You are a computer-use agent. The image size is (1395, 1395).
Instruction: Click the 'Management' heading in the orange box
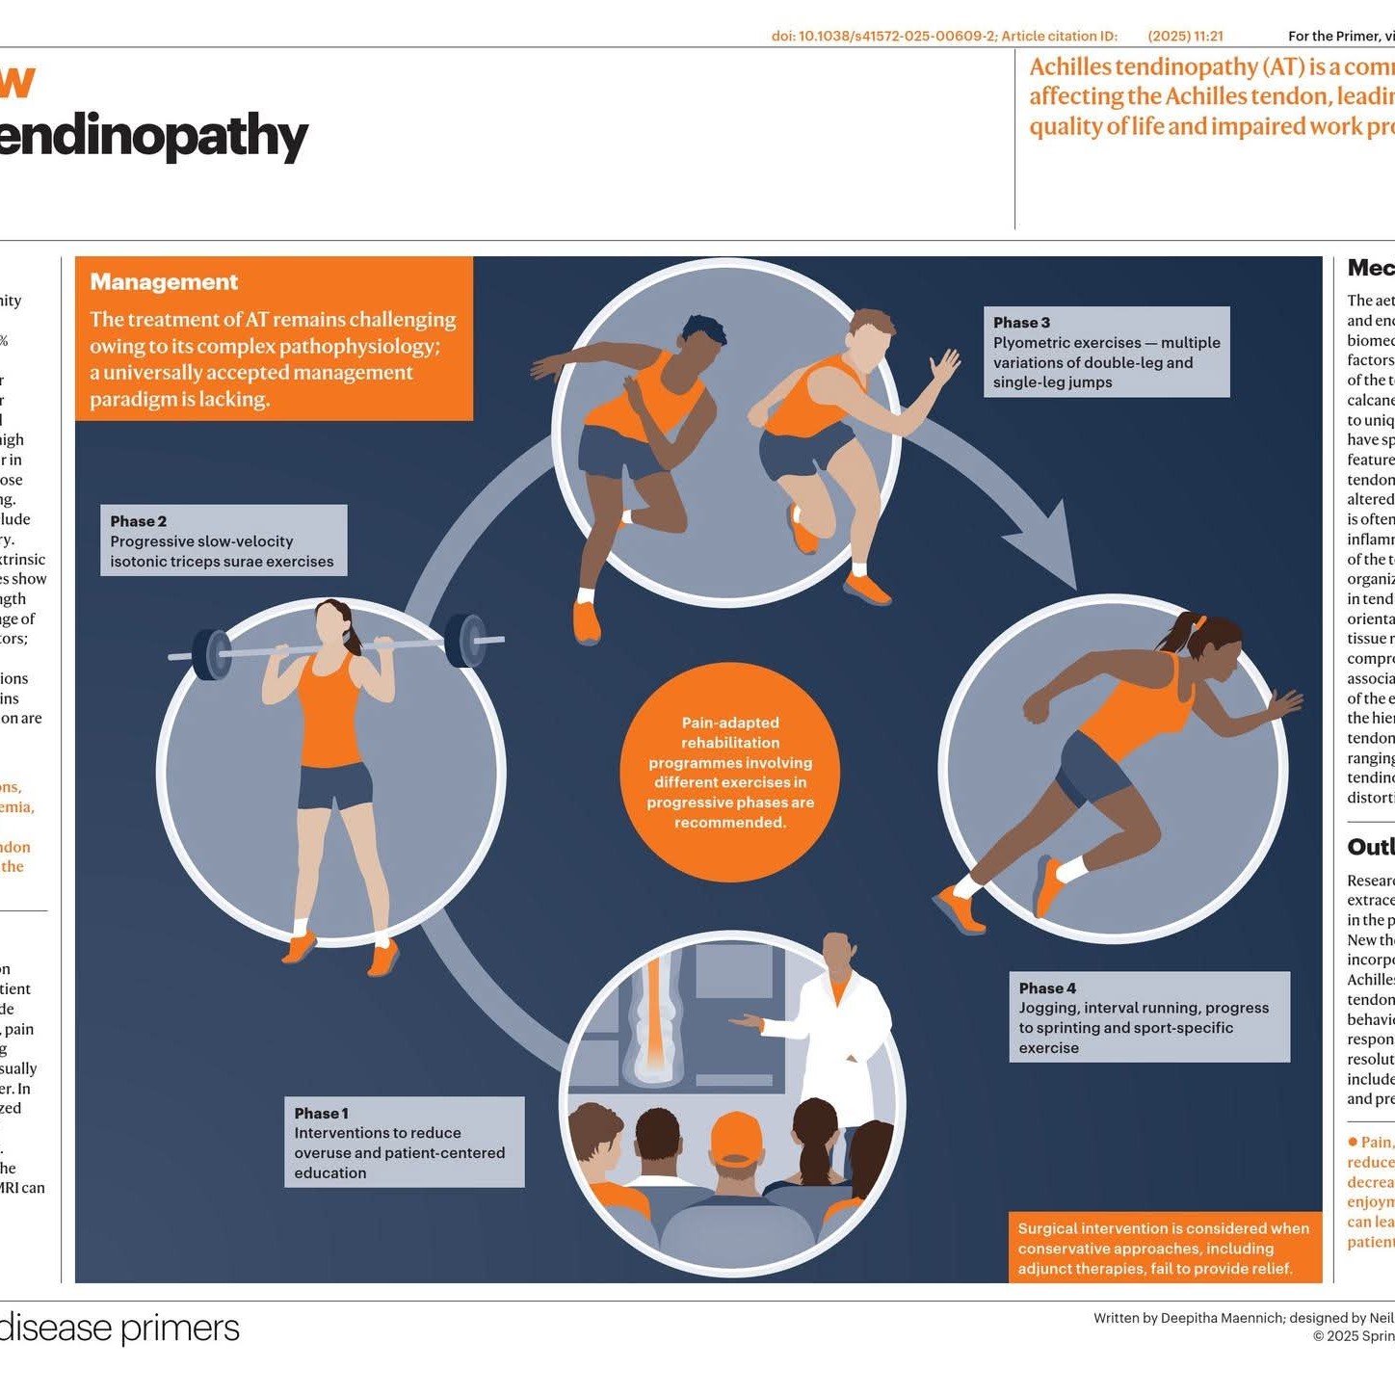pyautogui.click(x=164, y=282)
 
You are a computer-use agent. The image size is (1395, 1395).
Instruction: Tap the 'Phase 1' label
pyautogui.click(x=322, y=1113)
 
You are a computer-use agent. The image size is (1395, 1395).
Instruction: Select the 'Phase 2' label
pyautogui.click(x=139, y=521)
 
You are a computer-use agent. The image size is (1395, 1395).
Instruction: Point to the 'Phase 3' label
pyautogui.click(x=1021, y=323)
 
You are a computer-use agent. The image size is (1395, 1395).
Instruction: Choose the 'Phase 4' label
pyautogui.click(x=1047, y=987)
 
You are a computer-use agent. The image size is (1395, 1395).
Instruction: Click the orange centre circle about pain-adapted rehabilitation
pyautogui.click(x=730, y=772)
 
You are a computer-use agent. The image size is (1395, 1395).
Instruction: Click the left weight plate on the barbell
pyautogui.click(x=212, y=654)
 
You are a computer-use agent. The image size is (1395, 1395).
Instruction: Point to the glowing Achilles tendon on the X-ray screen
pyautogui.click(x=655, y=1040)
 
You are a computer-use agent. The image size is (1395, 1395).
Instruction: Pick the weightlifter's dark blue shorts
pyautogui.click(x=334, y=785)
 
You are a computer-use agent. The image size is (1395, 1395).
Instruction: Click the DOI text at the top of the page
pyautogui.click(x=944, y=37)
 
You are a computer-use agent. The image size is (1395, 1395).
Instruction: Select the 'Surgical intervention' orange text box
pyautogui.click(x=1164, y=1248)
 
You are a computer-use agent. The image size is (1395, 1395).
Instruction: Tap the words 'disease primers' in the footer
pyautogui.click(x=119, y=1328)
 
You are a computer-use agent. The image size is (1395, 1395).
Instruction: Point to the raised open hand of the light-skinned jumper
pyautogui.click(x=945, y=367)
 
